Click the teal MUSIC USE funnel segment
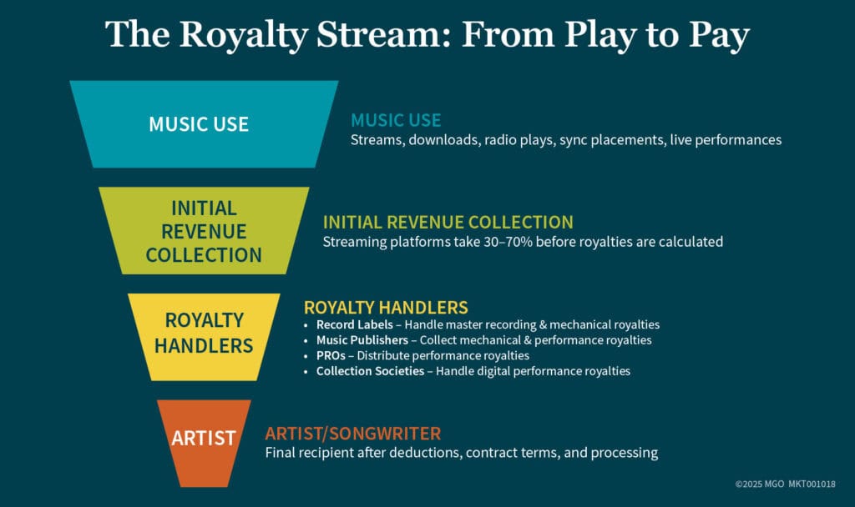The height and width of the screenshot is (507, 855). coord(204,124)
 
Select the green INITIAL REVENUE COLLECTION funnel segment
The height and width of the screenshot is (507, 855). coord(204,231)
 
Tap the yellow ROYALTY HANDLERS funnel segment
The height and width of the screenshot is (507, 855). coord(204,333)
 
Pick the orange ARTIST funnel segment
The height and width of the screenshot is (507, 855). coord(204,438)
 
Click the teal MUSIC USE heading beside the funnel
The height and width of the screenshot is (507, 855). coord(396,120)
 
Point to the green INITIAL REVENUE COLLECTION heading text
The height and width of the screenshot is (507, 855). coord(448,223)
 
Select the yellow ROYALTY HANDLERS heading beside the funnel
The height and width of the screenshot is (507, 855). coord(386,307)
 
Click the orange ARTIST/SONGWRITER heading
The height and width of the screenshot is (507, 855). coord(352,434)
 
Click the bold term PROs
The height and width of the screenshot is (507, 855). coord(331,355)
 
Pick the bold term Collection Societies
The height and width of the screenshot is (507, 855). coord(370,371)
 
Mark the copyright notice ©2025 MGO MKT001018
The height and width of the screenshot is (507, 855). coord(785,484)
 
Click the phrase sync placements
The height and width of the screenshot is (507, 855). coord(607,139)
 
